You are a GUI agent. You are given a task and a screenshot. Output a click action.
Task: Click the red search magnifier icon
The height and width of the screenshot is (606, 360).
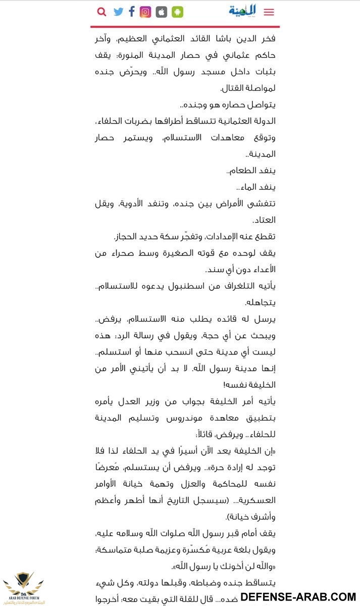[101, 12]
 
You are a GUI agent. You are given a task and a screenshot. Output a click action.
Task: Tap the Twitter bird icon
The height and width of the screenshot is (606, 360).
[119, 12]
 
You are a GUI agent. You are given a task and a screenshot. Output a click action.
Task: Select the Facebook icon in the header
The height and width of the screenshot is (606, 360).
[132, 12]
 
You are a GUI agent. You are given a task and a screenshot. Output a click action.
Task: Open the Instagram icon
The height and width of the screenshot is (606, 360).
[145, 12]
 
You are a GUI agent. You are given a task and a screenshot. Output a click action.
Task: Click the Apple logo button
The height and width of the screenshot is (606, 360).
[161, 12]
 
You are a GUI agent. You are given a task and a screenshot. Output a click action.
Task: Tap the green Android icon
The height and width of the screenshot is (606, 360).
[177, 12]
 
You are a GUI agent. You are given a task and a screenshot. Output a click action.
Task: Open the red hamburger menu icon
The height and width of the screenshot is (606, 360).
[269, 12]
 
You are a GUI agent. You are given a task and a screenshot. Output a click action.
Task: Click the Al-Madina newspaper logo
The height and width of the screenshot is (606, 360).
[242, 10]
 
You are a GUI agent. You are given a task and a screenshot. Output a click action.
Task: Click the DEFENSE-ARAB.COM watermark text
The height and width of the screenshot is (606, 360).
[298, 597]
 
